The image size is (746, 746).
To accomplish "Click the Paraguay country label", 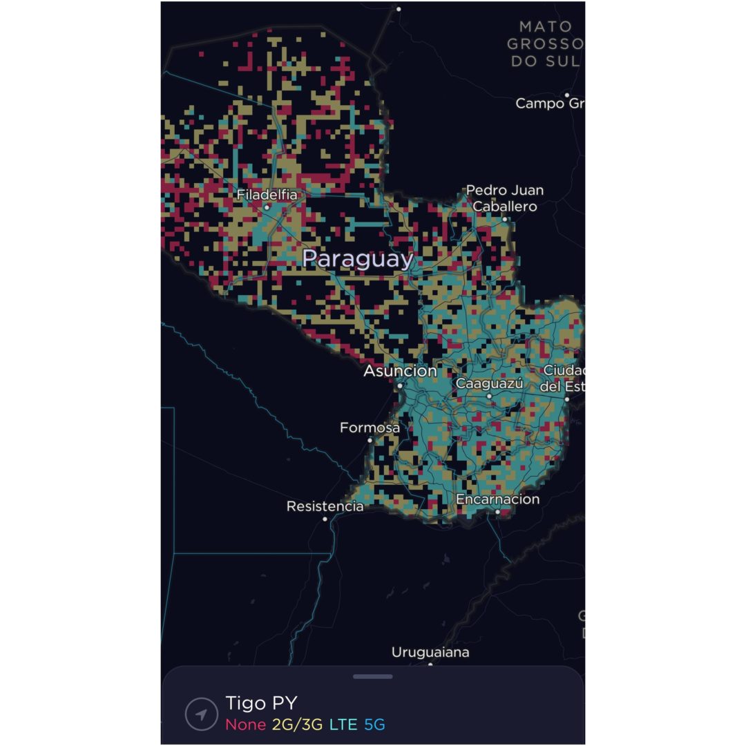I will pos(358,259).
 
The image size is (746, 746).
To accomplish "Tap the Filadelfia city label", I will pos(267,195).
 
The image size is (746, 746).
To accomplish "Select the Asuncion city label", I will pos(400,371).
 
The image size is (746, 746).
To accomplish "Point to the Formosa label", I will pos(370,428).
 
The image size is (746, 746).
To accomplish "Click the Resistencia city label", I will pos(325,506).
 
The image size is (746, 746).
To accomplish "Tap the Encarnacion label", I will pos(497,499).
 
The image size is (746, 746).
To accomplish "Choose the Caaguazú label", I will pos(489,383).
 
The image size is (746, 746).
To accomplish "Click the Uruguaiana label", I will pos(430,652).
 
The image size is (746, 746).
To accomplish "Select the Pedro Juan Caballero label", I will pos(504,198).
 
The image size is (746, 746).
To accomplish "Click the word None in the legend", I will pos(245,725).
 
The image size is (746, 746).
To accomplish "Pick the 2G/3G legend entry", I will pos(297,725).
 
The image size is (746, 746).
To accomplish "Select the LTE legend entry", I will pos(343,725).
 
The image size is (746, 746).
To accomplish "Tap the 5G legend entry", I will pos(374,725).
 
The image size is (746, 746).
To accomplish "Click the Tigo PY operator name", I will pos(261,703).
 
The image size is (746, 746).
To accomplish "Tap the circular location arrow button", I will pos(202,714).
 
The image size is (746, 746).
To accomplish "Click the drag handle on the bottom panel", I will pos(373,676).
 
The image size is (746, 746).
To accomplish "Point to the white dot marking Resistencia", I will pos(325,519).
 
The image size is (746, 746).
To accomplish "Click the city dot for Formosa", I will pos(370,440).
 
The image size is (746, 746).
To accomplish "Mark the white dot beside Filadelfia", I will pos(267,207).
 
